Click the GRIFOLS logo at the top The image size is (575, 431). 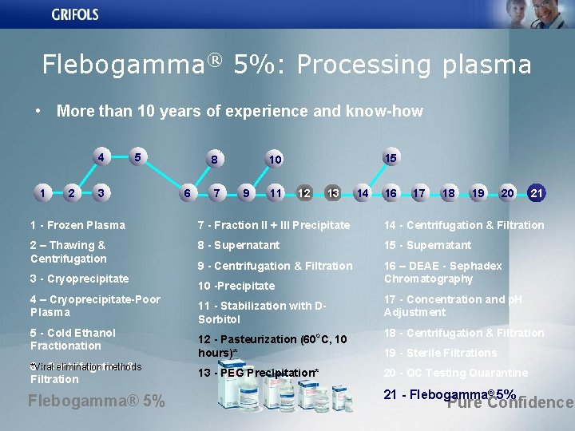76,14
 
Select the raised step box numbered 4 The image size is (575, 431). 101,157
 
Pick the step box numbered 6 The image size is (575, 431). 187,192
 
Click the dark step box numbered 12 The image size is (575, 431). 304,192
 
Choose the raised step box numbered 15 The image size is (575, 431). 391,158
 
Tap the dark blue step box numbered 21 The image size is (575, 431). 537,192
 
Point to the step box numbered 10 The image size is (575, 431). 275,160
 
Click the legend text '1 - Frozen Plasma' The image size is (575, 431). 77,226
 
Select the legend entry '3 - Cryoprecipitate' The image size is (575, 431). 79,279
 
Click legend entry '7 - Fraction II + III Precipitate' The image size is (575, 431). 274,226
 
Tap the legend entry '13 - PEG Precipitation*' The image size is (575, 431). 258,373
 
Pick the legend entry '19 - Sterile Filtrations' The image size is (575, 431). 440,353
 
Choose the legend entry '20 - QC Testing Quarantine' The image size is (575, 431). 455,373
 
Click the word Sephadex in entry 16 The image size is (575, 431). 474,266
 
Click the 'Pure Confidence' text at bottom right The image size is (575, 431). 510,402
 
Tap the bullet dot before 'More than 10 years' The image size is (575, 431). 38,112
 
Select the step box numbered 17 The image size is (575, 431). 418,192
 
